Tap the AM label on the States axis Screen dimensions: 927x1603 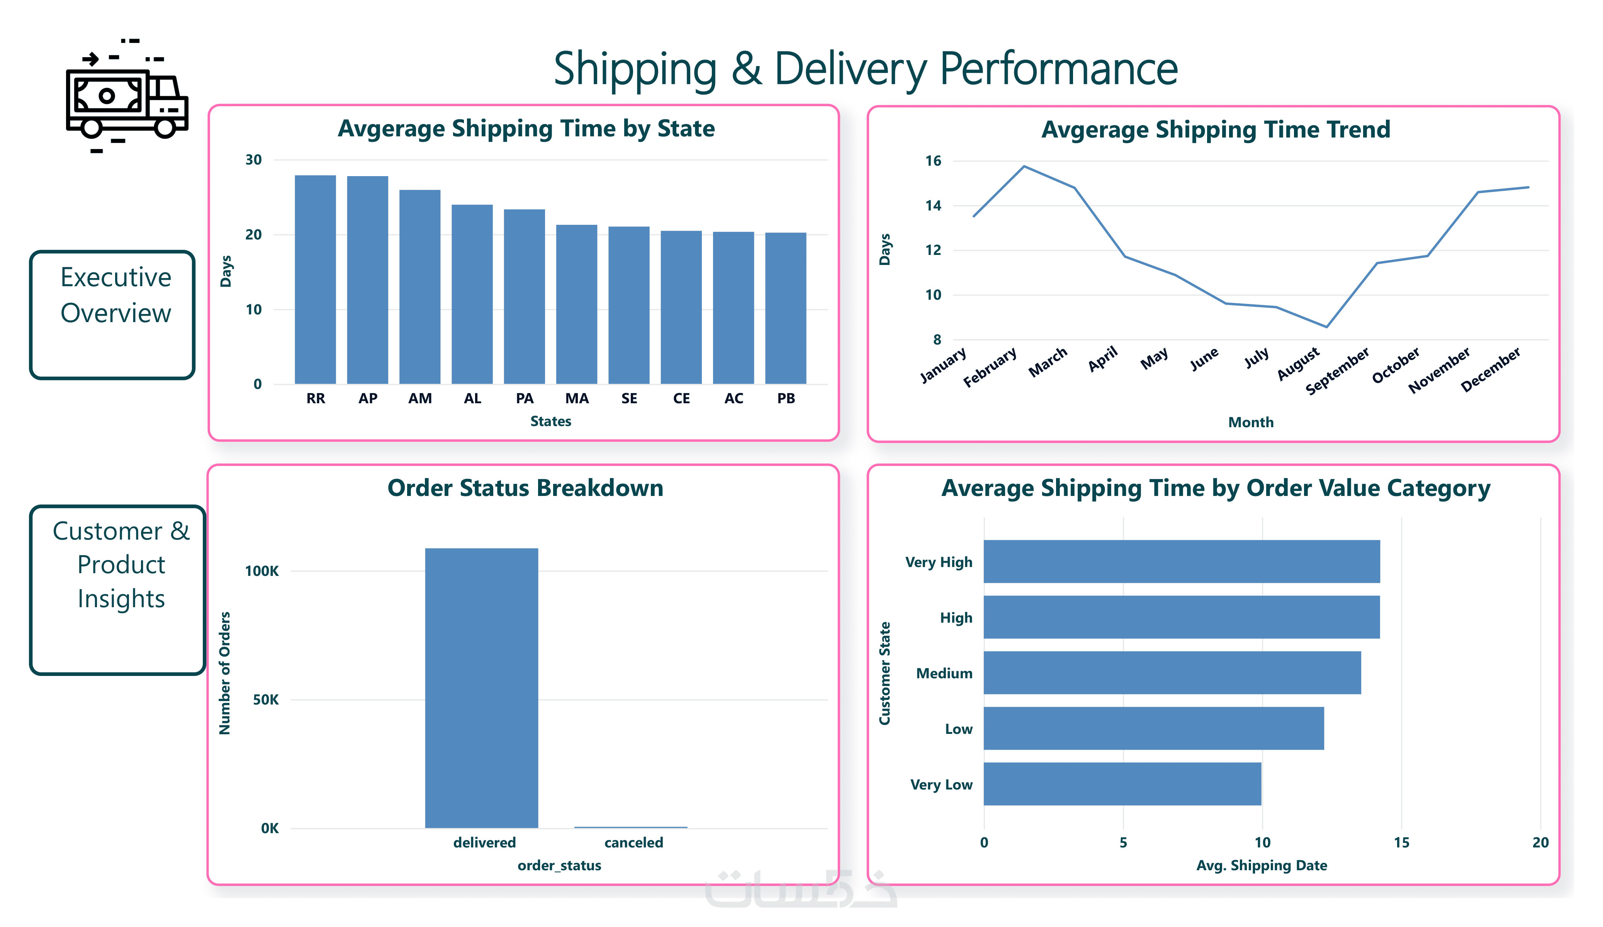coord(420,398)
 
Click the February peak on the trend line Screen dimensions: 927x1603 coord(1024,167)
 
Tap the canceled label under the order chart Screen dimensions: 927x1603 coord(633,842)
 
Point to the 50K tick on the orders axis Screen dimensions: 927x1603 coord(265,700)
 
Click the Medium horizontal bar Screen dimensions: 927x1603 coord(1171,672)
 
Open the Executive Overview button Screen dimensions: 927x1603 coord(112,315)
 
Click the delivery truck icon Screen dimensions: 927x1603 coord(127,95)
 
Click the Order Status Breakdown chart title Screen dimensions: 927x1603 coord(525,488)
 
